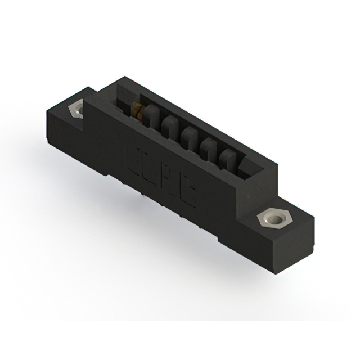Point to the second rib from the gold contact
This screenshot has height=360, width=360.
pos(168,126)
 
